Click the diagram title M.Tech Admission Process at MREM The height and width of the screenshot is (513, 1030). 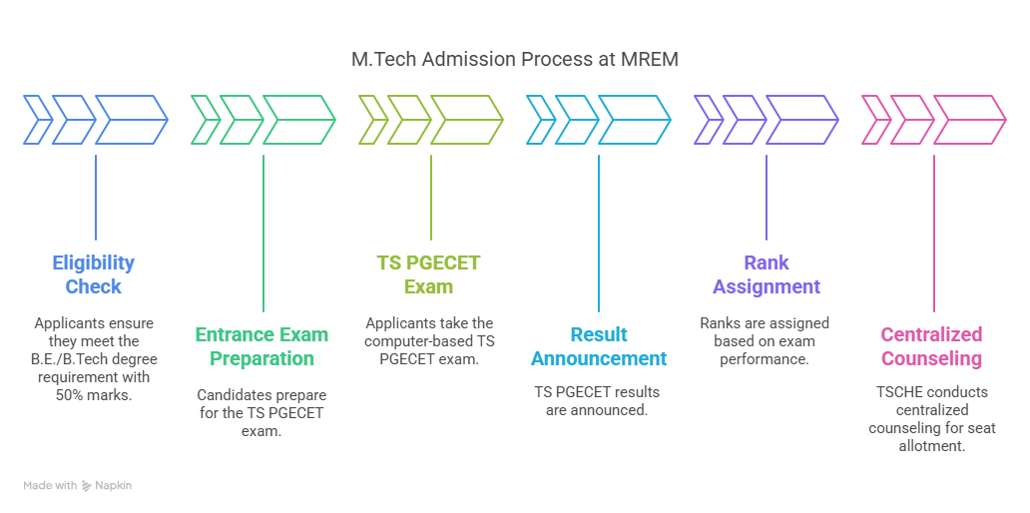514,60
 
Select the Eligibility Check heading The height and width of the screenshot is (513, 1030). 94,274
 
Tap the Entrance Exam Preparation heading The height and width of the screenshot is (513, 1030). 261,346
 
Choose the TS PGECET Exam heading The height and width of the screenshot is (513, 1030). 428,274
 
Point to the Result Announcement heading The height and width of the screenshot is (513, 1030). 598,346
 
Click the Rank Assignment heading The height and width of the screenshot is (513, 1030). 766,274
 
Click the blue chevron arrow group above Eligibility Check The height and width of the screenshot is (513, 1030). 96,120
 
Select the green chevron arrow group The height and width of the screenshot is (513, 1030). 263,120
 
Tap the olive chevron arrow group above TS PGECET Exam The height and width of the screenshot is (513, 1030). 431,120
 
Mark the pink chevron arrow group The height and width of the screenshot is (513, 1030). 934,120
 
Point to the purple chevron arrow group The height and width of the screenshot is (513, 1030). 767,120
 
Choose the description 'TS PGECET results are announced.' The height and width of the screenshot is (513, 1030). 598,400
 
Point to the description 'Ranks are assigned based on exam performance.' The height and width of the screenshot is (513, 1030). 766,340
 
